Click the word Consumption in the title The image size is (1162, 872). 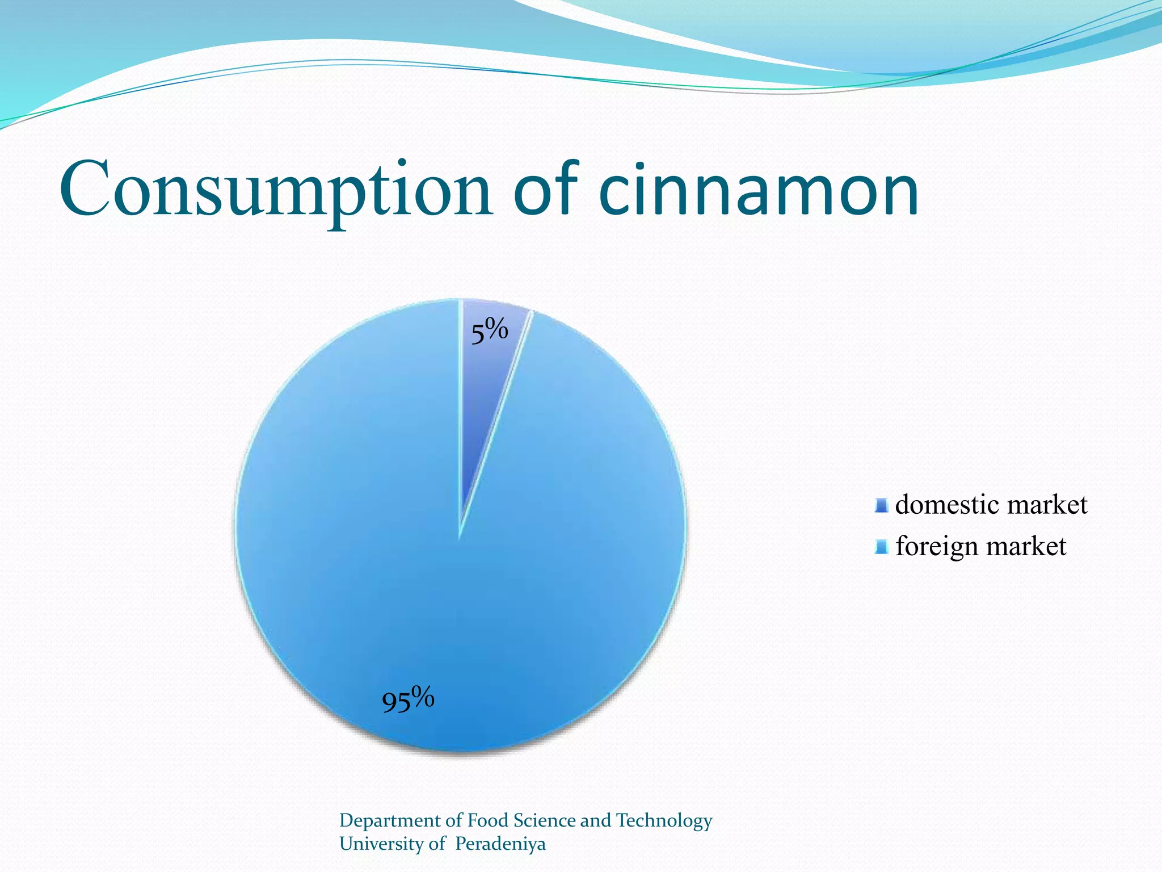[276, 190]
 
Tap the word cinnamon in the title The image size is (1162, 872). [759, 190]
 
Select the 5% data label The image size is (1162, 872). [489, 332]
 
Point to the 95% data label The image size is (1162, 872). [408, 699]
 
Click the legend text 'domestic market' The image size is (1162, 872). [991, 505]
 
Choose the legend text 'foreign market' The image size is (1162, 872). [980, 546]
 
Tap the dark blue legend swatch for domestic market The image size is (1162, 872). [881, 505]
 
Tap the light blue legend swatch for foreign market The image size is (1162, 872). [881, 547]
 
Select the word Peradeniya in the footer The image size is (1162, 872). [500, 844]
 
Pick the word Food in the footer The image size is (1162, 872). [488, 821]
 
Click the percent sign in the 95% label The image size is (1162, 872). [423, 697]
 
